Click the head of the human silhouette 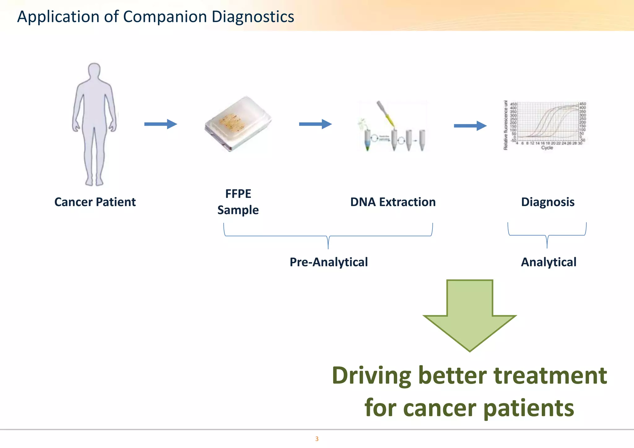coord(94,71)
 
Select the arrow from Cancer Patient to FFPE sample coord(160,124)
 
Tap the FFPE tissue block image coord(238,124)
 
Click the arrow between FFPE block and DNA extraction coord(315,124)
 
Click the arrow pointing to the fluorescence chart coord(470,126)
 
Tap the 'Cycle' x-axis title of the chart coord(547,148)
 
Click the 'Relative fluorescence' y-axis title coord(506,125)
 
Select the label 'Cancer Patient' coord(95,202)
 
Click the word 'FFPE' coord(238,194)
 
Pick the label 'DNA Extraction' coord(393,202)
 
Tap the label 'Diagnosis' coord(548,202)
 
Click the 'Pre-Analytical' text coord(329,262)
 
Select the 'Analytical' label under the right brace coord(549,262)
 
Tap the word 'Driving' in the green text coord(371,375)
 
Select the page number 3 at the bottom coord(317,439)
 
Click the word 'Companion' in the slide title coord(165,17)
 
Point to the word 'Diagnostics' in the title coord(253,17)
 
